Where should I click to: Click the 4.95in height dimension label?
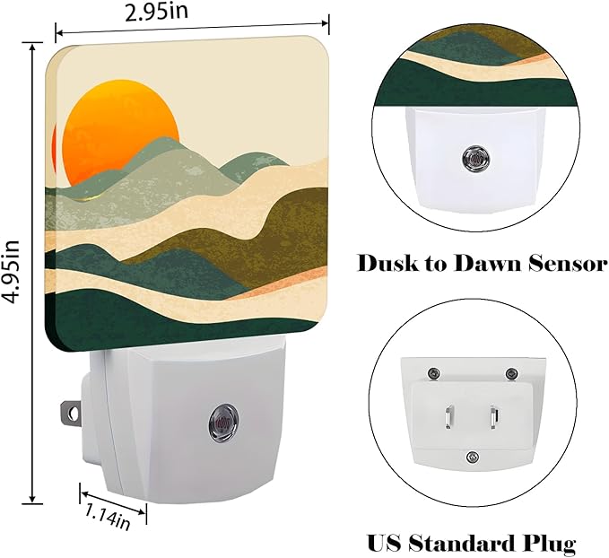pos(11,272)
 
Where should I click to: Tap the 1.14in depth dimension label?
pos(107,517)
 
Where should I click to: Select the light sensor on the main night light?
pos(222,423)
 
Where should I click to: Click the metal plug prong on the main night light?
pos(71,413)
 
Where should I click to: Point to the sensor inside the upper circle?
pos(475,159)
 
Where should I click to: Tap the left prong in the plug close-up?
pos(449,417)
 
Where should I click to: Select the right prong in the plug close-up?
pos(494,417)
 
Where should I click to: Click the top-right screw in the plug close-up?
pos(510,374)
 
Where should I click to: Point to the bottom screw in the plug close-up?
pos(473,457)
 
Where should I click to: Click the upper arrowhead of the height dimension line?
pos(32,48)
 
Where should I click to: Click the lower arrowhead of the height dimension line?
pos(32,498)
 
